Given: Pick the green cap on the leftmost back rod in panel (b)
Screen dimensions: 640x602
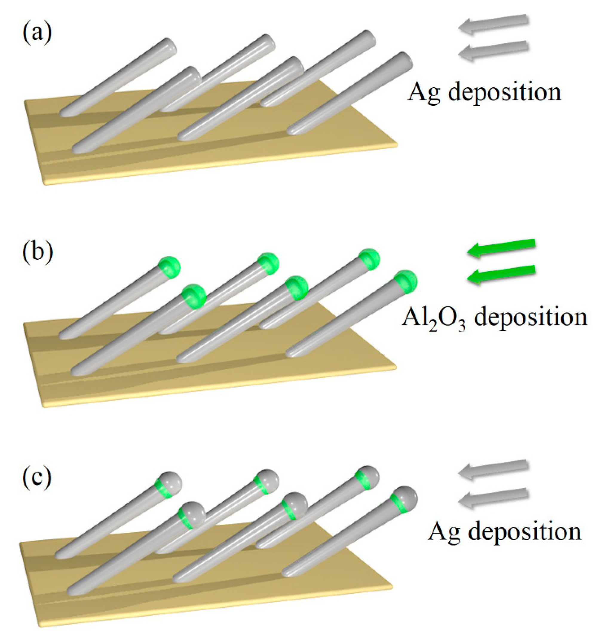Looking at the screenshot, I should pos(170,267).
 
